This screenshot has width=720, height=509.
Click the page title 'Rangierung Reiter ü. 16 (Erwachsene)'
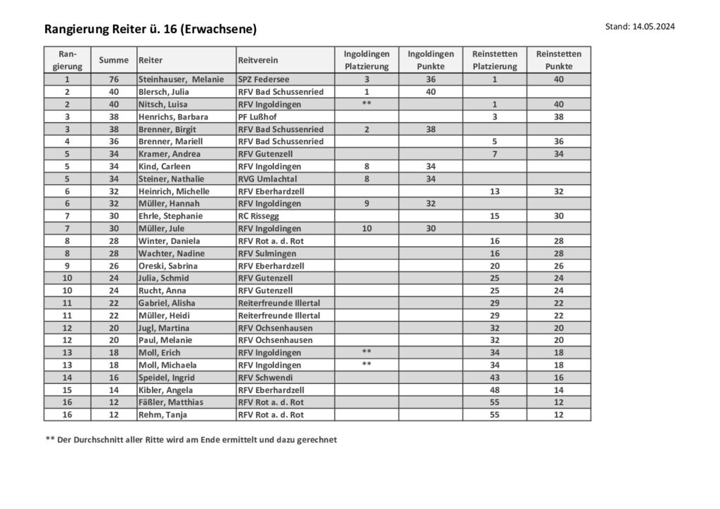(150, 29)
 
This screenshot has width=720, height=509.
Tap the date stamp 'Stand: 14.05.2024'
(640, 27)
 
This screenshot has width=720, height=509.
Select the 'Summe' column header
(114, 60)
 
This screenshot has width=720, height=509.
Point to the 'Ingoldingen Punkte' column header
(431, 60)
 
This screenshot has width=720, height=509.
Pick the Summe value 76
(114, 79)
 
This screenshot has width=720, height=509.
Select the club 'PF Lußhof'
(257, 117)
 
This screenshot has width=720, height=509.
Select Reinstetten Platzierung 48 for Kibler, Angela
(495, 390)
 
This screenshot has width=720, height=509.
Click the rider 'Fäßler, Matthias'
(171, 402)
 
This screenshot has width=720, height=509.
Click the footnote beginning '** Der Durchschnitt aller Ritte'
(191, 440)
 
